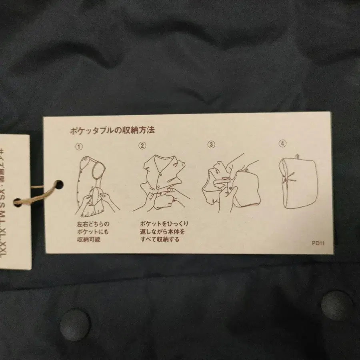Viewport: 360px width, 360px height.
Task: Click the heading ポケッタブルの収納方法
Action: tap(112, 130)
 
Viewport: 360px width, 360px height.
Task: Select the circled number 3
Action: tap(211, 144)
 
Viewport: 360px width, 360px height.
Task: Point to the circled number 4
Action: tap(283, 143)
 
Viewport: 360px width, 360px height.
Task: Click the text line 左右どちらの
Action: tap(93, 224)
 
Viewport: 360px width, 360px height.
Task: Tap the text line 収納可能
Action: tap(88, 240)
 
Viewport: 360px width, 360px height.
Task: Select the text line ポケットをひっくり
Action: tap(164, 224)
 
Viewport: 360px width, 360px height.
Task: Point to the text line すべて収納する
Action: tap(160, 240)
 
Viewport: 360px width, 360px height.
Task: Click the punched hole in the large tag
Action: tap(59, 185)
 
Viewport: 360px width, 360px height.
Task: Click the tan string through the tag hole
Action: tap(38, 194)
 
